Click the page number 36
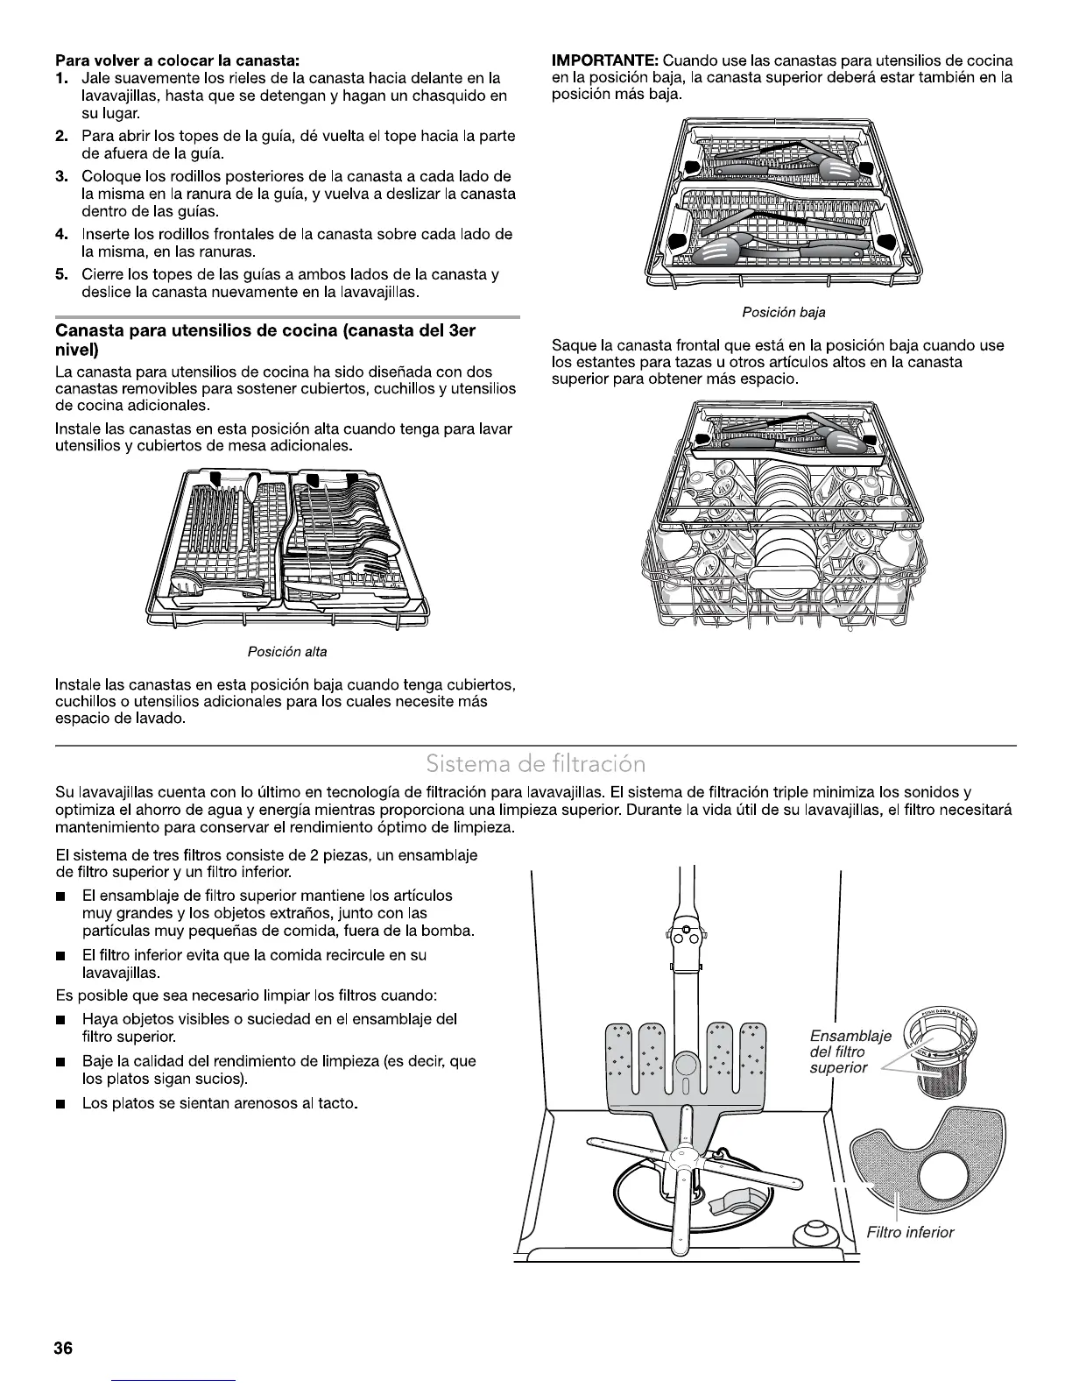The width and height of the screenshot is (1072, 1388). (x=63, y=1349)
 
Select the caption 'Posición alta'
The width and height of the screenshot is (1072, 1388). (x=287, y=652)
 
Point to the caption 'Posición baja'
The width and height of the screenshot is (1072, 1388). (x=783, y=312)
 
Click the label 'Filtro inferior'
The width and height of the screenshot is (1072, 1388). (x=910, y=1232)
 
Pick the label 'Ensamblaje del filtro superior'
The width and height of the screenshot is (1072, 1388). (x=838, y=1052)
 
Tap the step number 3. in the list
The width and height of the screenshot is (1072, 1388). (x=62, y=177)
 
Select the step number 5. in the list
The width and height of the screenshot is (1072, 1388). (x=62, y=275)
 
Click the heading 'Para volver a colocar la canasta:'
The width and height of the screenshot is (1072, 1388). (x=178, y=60)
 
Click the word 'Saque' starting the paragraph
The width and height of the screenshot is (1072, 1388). (x=571, y=345)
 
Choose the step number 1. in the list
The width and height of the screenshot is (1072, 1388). (x=62, y=79)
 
